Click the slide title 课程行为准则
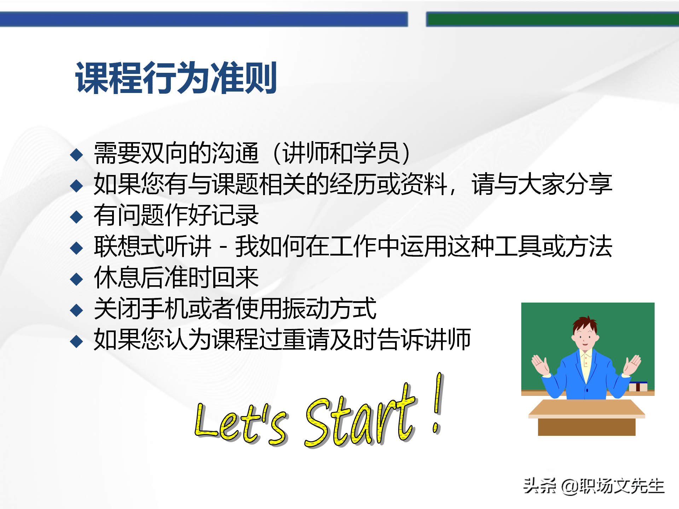tap(176, 78)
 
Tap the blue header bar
tap(203, 19)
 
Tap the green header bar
tap(552, 19)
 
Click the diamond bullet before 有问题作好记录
tap(76, 217)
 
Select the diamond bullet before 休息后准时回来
tap(76, 279)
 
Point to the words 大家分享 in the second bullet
tap(565, 184)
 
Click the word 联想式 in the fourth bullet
tap(129, 246)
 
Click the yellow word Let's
tap(240, 422)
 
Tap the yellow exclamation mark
tap(438, 403)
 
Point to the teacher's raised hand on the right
tap(632, 364)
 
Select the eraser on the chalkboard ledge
tap(638, 386)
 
